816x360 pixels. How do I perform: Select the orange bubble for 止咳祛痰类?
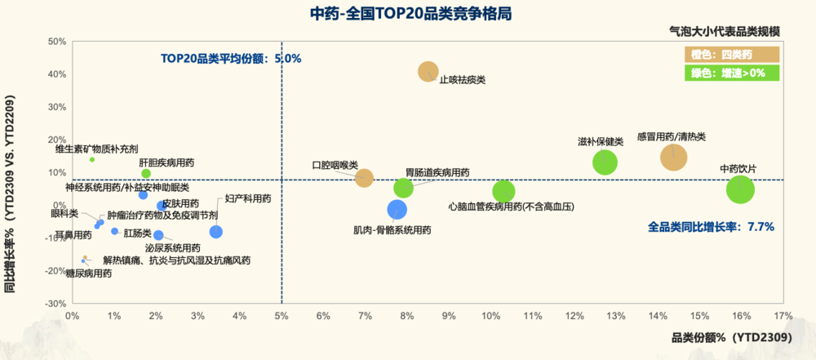click(x=429, y=72)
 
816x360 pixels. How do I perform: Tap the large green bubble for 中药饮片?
click(x=740, y=190)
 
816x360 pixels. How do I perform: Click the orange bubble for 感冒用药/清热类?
click(x=673, y=157)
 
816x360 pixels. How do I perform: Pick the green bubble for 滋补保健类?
click(x=605, y=162)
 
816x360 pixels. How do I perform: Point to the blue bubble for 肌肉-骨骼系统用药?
click(x=397, y=210)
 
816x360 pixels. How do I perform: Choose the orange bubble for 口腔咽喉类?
click(x=364, y=178)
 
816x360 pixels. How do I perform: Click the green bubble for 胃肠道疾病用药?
click(x=403, y=188)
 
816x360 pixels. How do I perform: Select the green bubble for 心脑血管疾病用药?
click(x=503, y=192)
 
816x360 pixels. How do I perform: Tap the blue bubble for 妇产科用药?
click(x=216, y=232)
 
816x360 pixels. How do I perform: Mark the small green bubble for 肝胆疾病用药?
click(x=146, y=174)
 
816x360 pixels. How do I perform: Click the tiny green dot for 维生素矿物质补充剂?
click(x=92, y=159)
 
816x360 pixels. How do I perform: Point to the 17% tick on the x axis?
click(x=783, y=315)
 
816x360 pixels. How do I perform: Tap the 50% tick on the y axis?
click(x=56, y=42)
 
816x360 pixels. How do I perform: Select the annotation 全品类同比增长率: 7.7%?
click(x=710, y=226)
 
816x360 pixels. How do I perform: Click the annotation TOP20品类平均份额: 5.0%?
click(x=231, y=58)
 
